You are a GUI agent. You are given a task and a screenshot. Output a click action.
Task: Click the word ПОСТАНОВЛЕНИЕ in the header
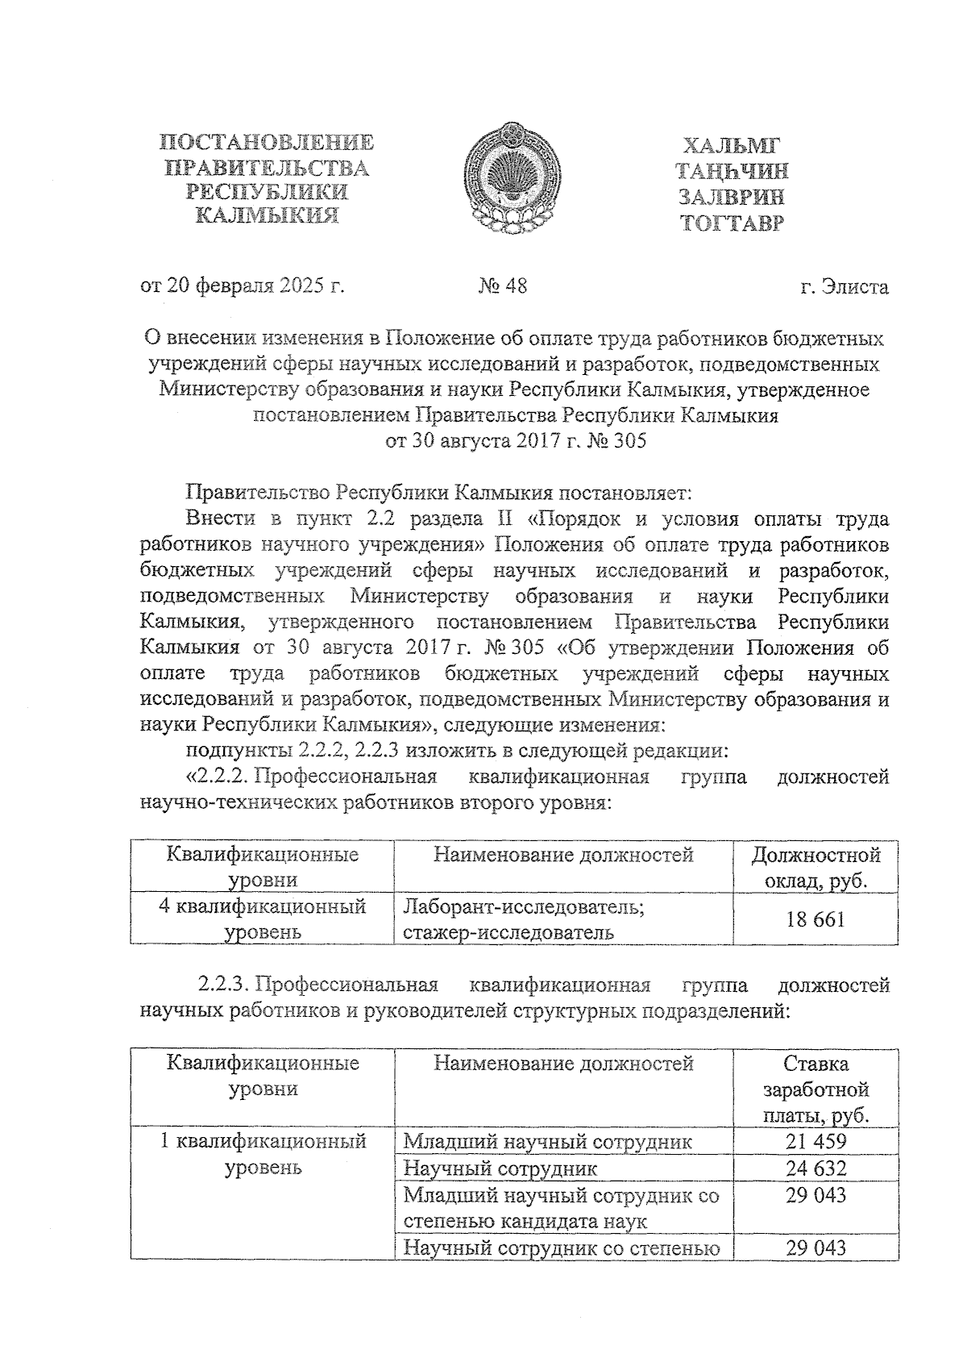coord(267,144)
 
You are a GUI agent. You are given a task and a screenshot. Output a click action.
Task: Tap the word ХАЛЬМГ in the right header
coord(731,146)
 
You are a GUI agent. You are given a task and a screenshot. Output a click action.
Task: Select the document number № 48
coord(503,285)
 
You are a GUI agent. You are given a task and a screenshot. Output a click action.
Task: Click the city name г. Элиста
coord(845,286)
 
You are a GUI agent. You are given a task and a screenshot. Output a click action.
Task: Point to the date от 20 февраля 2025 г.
coord(243,285)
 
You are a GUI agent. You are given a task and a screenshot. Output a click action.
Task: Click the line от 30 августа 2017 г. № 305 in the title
coord(516,441)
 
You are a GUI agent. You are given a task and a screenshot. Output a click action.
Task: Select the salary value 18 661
coord(816,919)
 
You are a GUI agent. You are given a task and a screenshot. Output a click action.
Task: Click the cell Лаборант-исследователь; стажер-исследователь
coord(524,919)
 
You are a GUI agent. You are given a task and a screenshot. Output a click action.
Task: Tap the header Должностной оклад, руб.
coord(816,867)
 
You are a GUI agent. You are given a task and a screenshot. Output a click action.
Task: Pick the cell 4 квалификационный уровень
coord(263,919)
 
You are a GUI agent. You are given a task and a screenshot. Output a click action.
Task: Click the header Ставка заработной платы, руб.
coord(816,1089)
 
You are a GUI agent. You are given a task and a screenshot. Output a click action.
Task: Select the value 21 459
coord(816,1141)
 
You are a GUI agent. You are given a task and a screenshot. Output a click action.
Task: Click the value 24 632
coord(816,1168)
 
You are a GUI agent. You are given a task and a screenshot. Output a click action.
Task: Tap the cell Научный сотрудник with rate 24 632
coord(500,1168)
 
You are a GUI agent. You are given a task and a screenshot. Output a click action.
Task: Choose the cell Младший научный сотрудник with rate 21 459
coord(547,1142)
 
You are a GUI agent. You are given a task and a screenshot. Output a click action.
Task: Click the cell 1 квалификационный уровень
coord(263,1154)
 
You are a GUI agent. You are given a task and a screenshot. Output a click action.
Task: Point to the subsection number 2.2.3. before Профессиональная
coord(226,985)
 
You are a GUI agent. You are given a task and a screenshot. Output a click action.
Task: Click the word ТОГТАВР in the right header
coord(731,223)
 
